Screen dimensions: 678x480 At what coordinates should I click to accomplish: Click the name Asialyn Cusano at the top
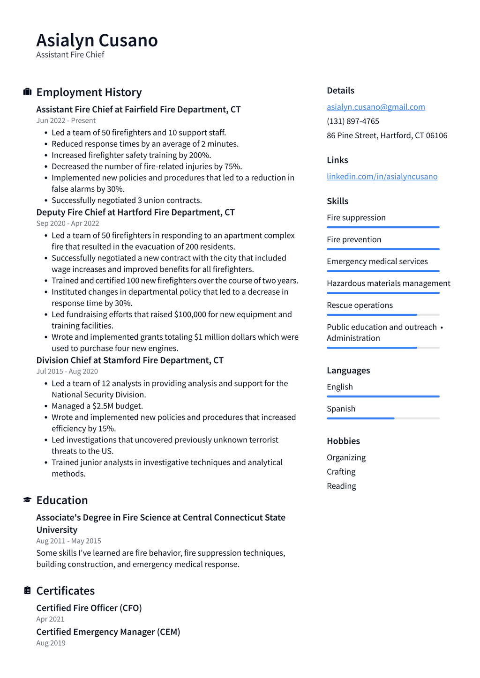(97, 41)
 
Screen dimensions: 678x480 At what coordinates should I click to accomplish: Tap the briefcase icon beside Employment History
(28, 92)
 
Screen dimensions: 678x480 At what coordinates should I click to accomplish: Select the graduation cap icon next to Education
(28, 500)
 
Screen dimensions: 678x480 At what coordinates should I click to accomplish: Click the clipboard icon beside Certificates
(28, 590)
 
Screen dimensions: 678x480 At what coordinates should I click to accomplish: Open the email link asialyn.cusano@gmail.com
(375, 107)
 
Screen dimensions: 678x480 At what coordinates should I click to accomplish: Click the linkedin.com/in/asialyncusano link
(382, 177)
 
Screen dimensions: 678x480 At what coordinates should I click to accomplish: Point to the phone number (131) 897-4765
(352, 121)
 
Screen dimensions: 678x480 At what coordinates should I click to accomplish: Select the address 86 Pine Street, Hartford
(387, 135)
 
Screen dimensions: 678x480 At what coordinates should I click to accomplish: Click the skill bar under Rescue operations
(382, 315)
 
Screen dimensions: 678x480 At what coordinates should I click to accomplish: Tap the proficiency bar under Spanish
(382, 418)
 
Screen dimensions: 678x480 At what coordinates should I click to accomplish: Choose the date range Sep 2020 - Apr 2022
(67, 224)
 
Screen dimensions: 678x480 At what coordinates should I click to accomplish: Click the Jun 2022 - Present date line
(66, 120)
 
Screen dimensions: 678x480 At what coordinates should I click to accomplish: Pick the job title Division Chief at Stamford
(130, 360)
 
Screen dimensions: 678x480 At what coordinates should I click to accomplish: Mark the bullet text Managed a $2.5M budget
(97, 406)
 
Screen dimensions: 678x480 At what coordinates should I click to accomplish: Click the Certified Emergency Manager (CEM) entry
(108, 632)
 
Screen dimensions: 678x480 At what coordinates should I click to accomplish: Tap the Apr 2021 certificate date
(50, 619)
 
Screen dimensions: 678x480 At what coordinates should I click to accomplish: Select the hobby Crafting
(341, 472)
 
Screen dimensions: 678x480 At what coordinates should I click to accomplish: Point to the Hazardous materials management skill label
(388, 283)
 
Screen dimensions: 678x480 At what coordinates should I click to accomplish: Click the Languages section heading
(348, 371)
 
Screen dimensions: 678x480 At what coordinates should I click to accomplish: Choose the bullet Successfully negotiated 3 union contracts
(127, 201)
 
